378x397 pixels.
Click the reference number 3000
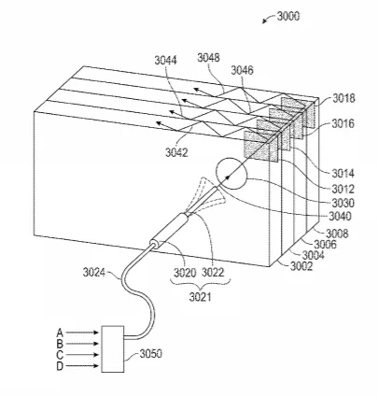(x=288, y=16)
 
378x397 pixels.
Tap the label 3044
(x=165, y=60)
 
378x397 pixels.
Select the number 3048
(x=208, y=58)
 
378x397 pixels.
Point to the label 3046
(x=242, y=70)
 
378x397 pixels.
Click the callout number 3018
(x=343, y=98)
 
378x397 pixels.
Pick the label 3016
(x=343, y=124)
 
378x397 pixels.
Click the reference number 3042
(x=176, y=152)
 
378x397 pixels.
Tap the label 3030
(x=343, y=203)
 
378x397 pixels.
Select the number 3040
(x=340, y=216)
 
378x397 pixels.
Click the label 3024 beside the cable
(x=94, y=273)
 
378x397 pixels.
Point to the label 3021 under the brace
(x=200, y=297)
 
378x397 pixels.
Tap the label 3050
(x=150, y=354)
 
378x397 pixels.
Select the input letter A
(x=60, y=333)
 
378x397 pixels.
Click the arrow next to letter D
(x=82, y=366)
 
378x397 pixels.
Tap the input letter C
(x=60, y=355)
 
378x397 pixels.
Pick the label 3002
(x=301, y=266)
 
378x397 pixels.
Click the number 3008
(x=337, y=234)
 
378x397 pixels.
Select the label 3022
(x=213, y=273)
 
